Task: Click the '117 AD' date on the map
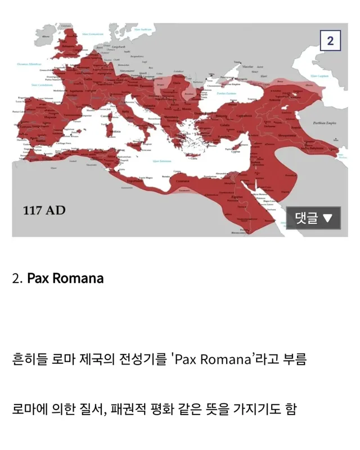44,210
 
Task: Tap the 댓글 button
313,218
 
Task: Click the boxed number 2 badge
330,40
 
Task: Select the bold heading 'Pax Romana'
65,278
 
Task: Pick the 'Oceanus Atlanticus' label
29,65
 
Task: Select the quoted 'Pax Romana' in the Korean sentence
212,359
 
